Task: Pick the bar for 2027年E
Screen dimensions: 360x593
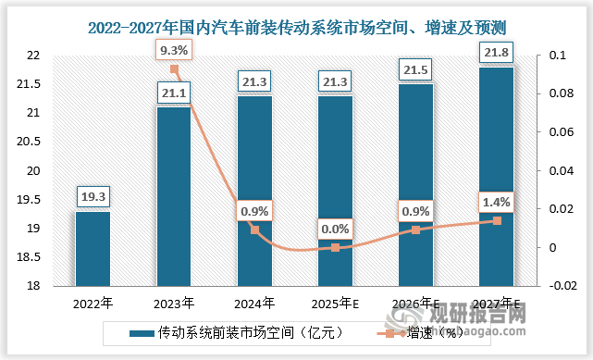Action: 497,176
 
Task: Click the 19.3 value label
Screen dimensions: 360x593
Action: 93,196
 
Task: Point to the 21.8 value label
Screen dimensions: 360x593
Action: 497,52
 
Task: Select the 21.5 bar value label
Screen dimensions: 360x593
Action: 416,69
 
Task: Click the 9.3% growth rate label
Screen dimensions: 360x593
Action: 174,48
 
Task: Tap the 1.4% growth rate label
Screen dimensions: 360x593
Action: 497,201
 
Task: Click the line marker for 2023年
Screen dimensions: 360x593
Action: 174,69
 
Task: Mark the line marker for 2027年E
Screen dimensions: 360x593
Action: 497,220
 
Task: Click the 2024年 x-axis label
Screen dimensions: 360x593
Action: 254,303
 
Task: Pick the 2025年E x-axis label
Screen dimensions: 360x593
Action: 335,303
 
